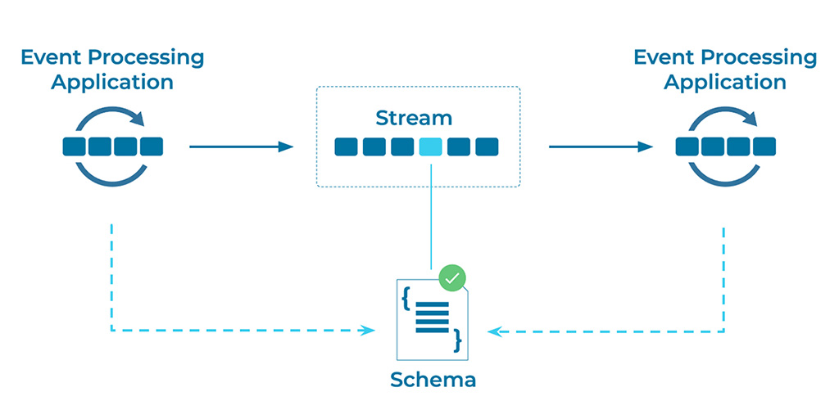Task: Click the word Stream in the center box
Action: [x=414, y=117]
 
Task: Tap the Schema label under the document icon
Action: [x=433, y=380]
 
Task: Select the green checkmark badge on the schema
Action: [x=451, y=277]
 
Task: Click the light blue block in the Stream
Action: [x=430, y=146]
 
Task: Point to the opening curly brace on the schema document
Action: [x=406, y=297]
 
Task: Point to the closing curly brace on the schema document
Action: [x=458, y=339]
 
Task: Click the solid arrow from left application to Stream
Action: [x=241, y=146]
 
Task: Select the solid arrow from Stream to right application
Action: [x=601, y=146]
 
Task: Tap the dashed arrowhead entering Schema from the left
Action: [x=370, y=331]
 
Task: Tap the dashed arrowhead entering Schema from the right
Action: [x=493, y=331]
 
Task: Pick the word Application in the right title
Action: [x=725, y=82]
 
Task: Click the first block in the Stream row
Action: [x=346, y=146]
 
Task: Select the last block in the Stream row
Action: [x=487, y=146]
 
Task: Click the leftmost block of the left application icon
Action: [x=75, y=146]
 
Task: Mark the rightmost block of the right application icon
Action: [x=764, y=146]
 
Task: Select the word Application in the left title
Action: [x=112, y=82]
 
